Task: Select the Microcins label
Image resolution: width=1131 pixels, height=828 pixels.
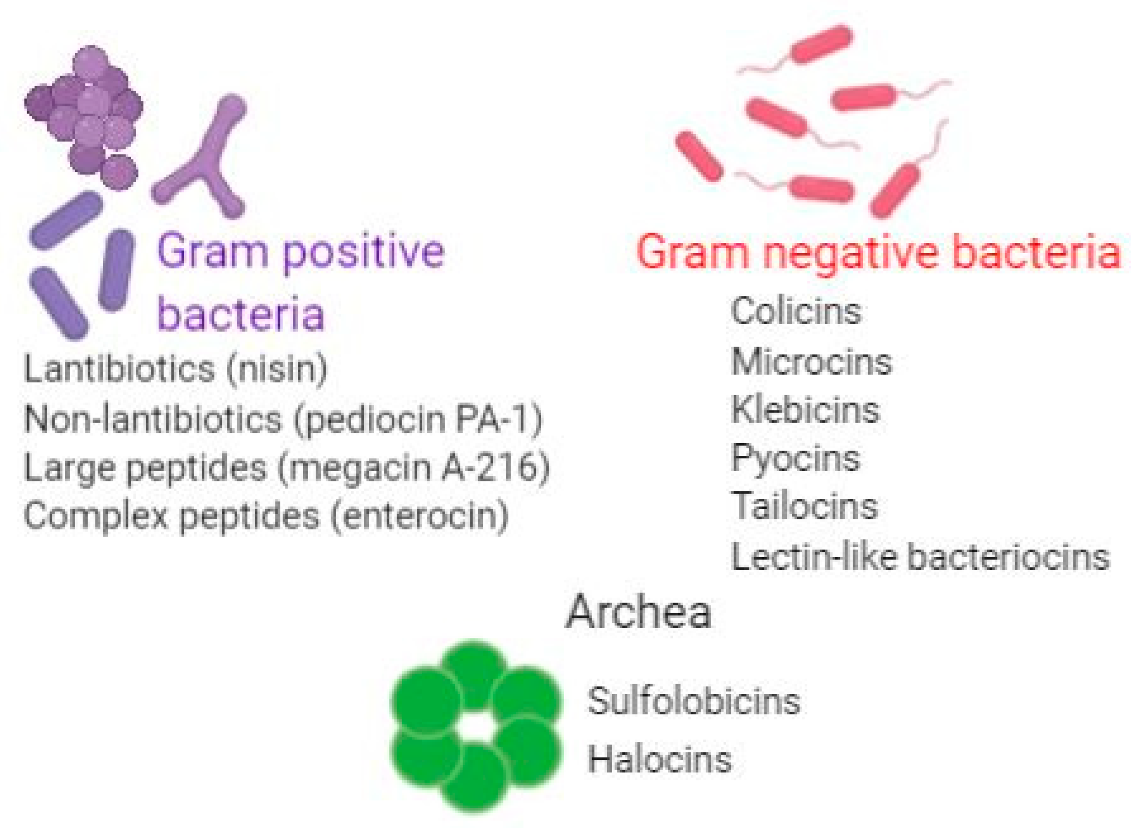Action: click(x=811, y=361)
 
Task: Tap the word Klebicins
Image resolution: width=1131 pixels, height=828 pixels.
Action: click(x=805, y=410)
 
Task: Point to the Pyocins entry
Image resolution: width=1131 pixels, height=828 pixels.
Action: click(x=795, y=459)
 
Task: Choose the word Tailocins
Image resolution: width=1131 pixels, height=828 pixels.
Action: click(x=804, y=506)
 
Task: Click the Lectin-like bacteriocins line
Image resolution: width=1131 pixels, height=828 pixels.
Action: click(x=920, y=556)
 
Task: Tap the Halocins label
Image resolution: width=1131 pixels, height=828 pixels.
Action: click(x=659, y=759)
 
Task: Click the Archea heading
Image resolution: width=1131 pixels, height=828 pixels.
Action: click(x=638, y=611)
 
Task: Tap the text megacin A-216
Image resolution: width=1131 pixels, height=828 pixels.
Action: click(x=413, y=467)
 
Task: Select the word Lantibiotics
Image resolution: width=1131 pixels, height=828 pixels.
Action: click(x=119, y=369)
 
